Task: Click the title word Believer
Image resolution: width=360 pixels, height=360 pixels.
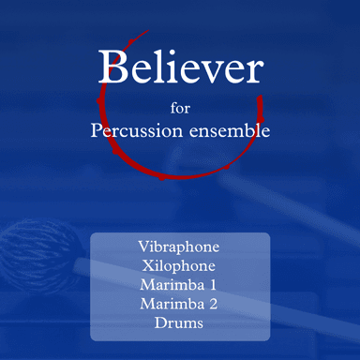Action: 180,67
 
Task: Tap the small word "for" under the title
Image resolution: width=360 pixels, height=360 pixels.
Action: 180,106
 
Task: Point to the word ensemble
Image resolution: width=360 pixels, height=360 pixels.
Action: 229,131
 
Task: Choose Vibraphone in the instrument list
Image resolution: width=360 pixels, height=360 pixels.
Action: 179,247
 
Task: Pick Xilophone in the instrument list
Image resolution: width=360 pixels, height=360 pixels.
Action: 179,266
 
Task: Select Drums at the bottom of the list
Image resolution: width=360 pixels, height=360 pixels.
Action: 179,322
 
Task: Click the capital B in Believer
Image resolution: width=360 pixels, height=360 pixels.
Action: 112,67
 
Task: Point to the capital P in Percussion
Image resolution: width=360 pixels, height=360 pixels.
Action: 97,131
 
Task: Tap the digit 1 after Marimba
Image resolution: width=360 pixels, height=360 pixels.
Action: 212,285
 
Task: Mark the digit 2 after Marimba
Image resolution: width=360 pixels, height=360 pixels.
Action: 212,304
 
